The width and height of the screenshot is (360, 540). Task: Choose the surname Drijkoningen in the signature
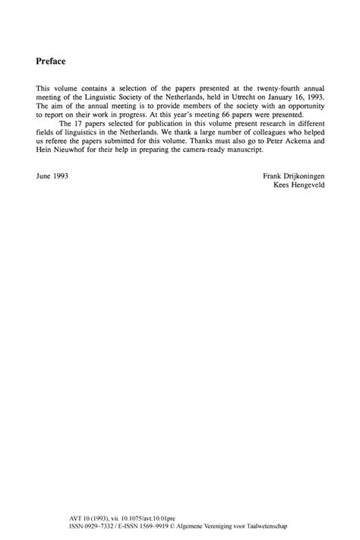point(305,175)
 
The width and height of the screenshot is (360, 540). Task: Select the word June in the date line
point(44,175)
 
